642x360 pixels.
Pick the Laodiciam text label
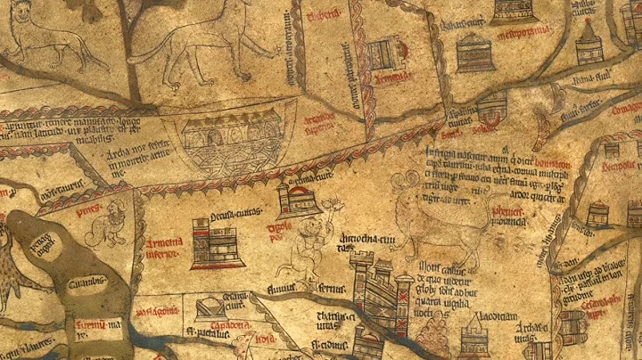click(x=473, y=317)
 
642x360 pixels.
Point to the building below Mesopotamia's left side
click(x=474, y=53)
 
